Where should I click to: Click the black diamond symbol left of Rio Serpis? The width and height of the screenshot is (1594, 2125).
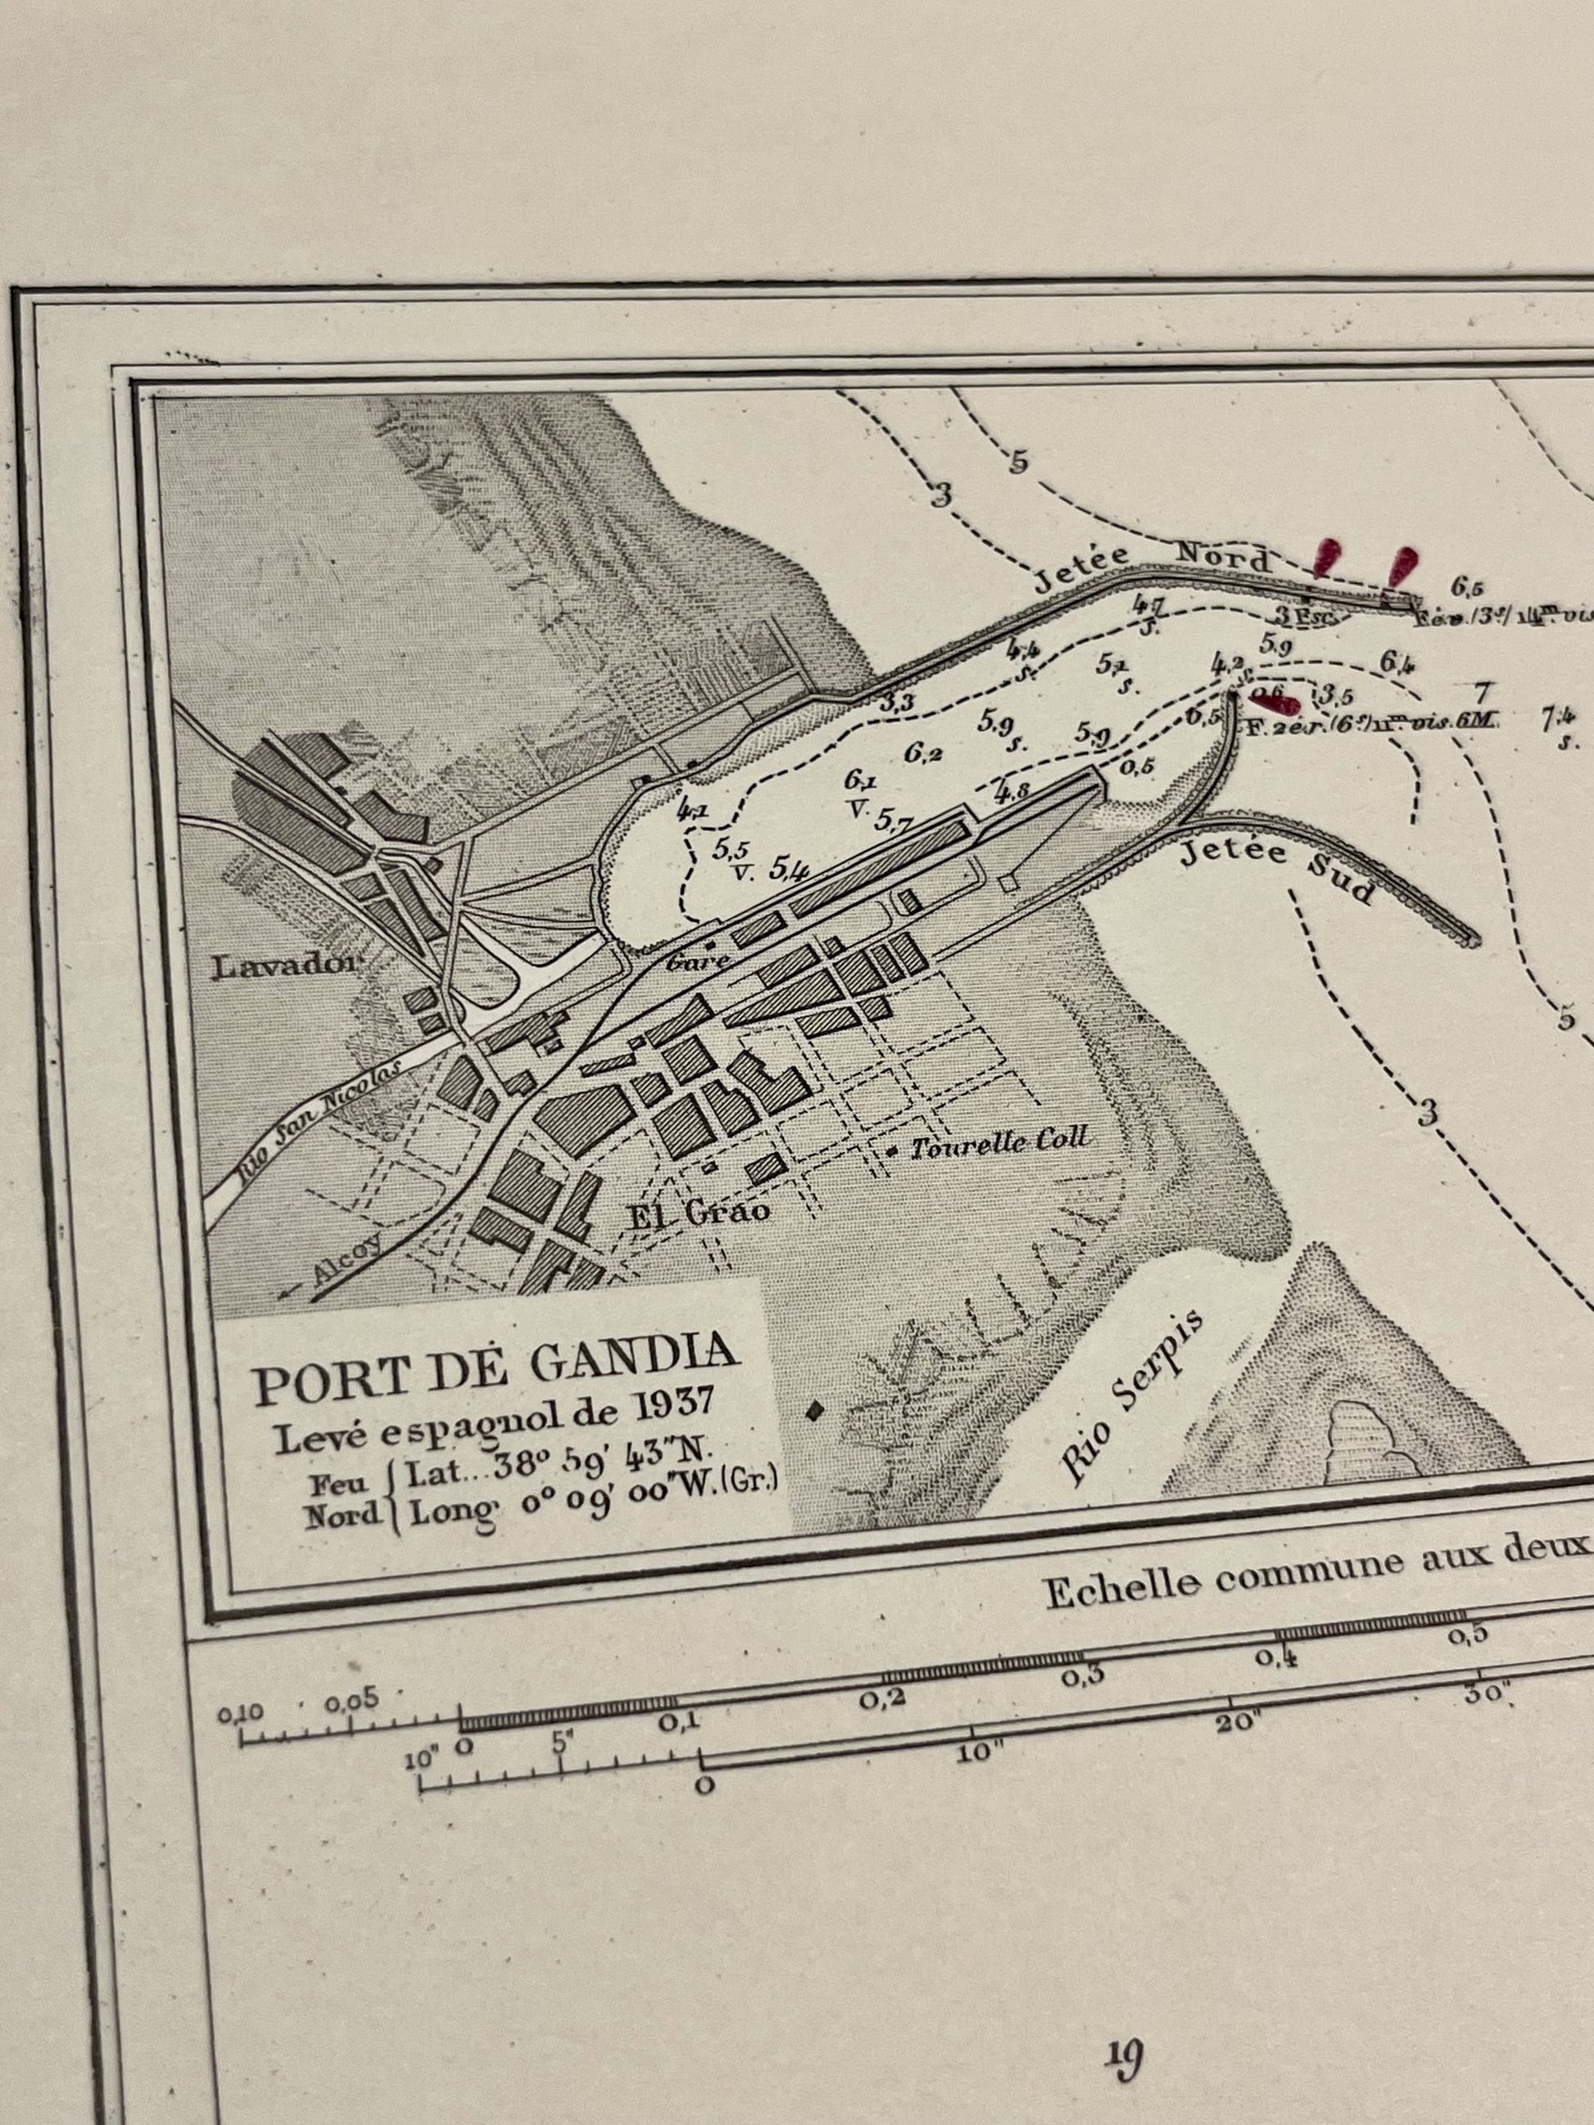pyautogui.click(x=816, y=1409)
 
